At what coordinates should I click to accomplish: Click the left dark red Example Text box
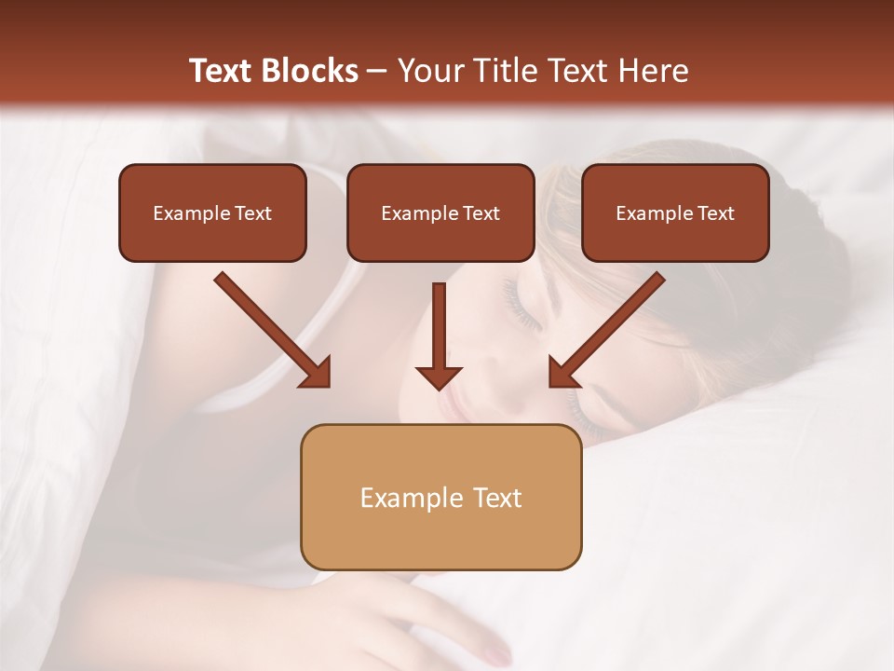point(212,212)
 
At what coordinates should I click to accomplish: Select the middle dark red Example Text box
point(440,212)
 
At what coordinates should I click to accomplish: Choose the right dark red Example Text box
point(675,212)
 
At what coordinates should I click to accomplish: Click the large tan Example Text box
point(440,497)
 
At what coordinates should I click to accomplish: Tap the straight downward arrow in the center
point(439,335)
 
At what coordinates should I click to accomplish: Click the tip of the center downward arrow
point(439,386)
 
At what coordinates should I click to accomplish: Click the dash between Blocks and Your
point(377,71)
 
